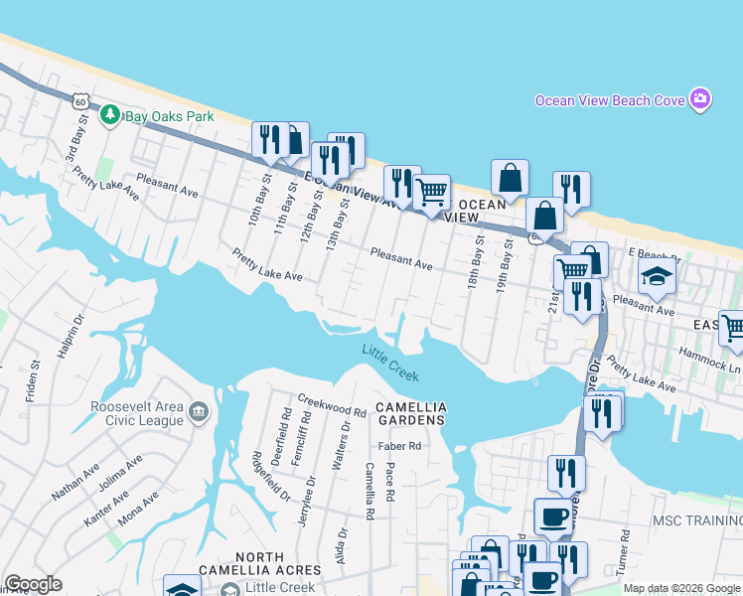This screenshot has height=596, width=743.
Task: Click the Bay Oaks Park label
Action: [170, 116]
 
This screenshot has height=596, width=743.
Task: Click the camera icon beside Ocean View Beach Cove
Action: [700, 99]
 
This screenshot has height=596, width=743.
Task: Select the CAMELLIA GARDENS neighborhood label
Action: [411, 414]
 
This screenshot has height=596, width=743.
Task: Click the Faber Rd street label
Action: [398, 446]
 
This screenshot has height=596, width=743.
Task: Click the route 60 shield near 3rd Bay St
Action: [81, 100]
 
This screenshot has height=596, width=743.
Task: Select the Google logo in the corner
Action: [33, 584]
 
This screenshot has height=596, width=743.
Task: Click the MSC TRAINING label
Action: [696, 521]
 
